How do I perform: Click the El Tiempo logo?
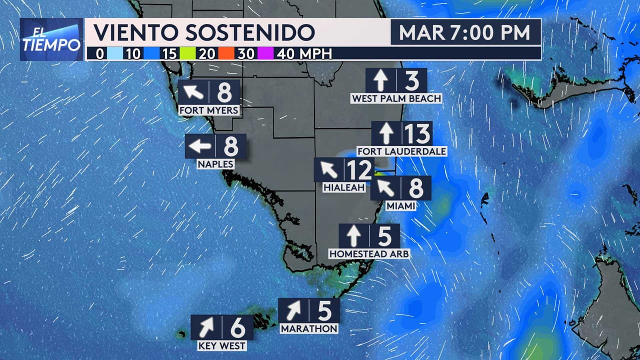tap(51, 39)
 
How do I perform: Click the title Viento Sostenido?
tap(204, 33)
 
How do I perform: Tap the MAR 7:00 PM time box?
tap(465, 33)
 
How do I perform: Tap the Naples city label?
tap(215, 163)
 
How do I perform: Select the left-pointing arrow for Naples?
tap(200, 146)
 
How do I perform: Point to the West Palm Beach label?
tap(396, 98)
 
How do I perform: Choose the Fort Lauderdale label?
tap(401, 151)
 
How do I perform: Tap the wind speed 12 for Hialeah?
tap(359, 170)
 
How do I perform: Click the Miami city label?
tap(401, 205)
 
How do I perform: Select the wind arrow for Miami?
tap(385, 188)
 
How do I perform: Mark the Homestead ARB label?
tap(369, 254)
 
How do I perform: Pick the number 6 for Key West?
tap(237, 327)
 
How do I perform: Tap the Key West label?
tap(221, 345)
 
